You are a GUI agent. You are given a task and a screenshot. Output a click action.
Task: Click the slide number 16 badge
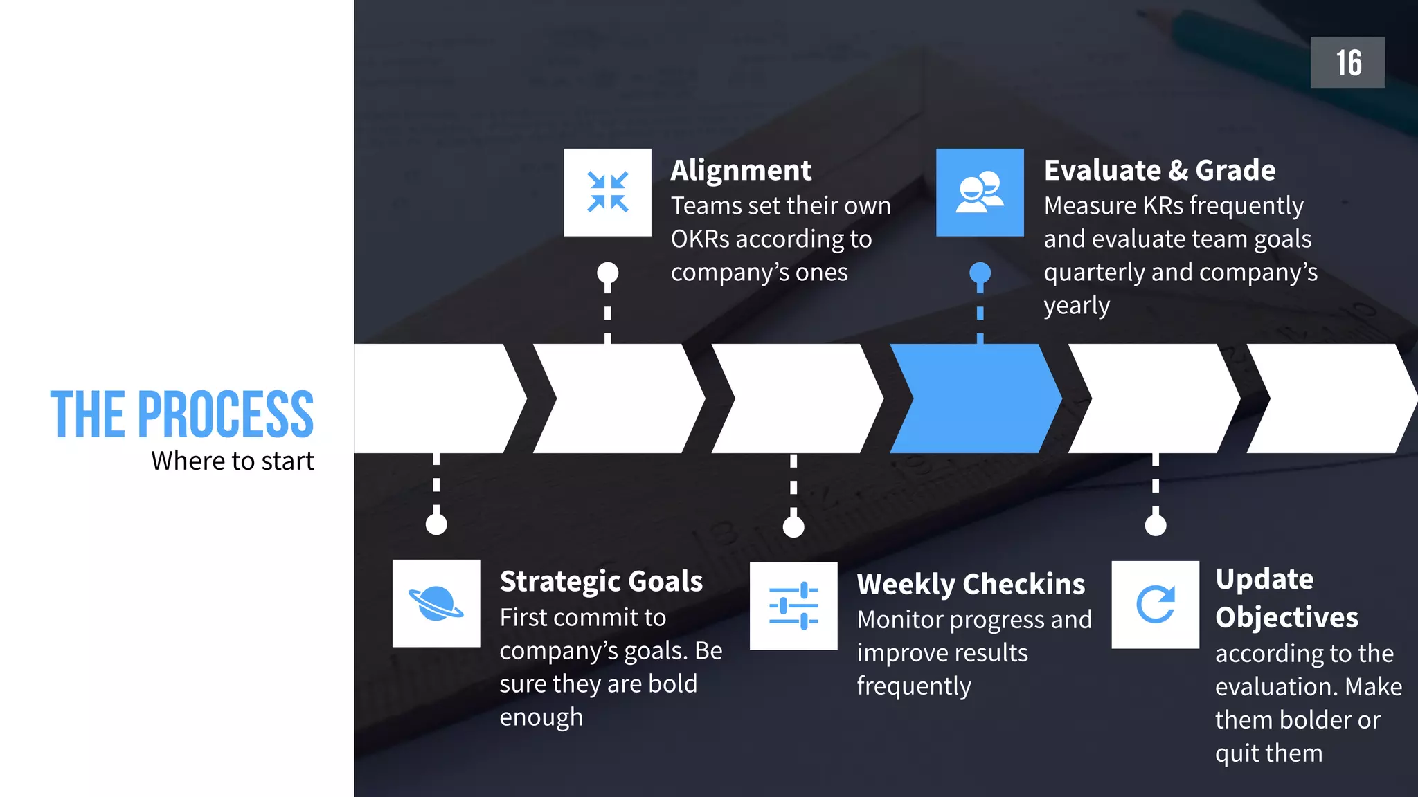(1347, 62)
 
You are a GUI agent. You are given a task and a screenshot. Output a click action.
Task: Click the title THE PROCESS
(182, 414)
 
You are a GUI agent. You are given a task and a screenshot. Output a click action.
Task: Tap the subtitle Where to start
(233, 461)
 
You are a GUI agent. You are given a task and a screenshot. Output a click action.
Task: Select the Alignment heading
(740, 170)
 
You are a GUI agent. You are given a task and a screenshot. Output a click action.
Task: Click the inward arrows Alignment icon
(607, 192)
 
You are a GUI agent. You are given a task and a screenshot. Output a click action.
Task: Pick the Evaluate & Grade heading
(1159, 170)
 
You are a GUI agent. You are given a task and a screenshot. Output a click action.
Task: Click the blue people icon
(980, 192)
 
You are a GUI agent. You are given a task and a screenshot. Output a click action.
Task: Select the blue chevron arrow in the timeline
(976, 398)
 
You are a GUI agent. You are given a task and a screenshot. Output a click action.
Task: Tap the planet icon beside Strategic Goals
(436, 603)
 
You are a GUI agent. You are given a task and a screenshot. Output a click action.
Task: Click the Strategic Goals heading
(601, 581)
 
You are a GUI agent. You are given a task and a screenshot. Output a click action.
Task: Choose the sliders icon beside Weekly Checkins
(793, 605)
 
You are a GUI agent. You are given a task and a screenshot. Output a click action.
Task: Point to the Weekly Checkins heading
(971, 584)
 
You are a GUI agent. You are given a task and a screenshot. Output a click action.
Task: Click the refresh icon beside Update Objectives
(1155, 605)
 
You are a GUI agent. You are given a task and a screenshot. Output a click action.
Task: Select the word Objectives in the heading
(1286, 617)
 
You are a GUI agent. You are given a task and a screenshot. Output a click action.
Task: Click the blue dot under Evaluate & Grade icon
(980, 273)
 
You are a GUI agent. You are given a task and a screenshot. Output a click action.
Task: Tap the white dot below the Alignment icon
(607, 273)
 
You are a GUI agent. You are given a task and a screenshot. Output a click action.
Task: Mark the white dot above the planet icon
(436, 524)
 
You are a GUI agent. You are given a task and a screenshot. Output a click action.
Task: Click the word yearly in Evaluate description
(1077, 305)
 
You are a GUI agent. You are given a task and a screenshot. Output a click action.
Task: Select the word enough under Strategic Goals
(541, 717)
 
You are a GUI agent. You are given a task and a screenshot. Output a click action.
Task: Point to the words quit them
(1268, 753)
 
